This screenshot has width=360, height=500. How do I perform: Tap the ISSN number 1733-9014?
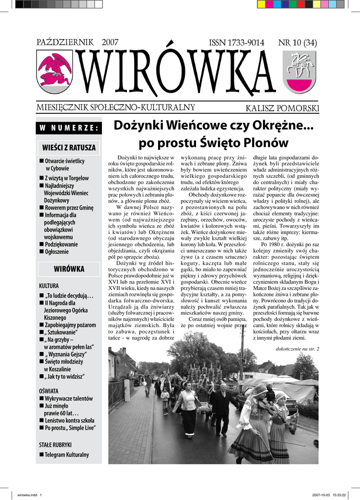[236, 43]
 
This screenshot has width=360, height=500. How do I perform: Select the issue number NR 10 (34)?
[297, 43]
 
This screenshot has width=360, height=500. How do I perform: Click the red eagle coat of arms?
[55, 71]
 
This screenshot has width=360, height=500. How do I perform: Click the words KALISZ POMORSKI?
[282, 108]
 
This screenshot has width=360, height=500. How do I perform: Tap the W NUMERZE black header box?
[69, 128]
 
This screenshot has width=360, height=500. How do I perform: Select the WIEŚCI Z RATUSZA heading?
[69, 147]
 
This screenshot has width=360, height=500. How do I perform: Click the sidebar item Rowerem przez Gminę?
[69, 208]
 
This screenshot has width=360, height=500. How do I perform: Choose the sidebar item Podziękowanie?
[61, 244]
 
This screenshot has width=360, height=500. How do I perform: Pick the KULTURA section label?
[49, 285]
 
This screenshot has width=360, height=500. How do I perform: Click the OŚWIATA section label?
[49, 391]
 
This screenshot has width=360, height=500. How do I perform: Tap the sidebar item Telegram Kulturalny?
[66, 455]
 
